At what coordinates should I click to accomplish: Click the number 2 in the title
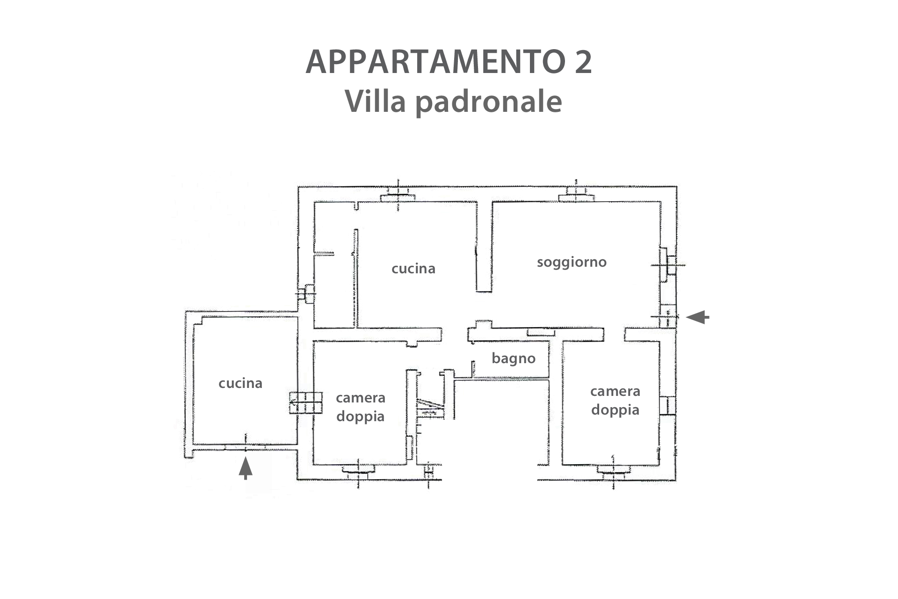click(x=583, y=62)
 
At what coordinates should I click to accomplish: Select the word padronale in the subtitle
click(x=489, y=102)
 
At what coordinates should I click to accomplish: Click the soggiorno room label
click(x=572, y=262)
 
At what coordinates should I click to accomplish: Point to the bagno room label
click(x=514, y=358)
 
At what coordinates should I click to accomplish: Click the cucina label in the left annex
click(x=240, y=383)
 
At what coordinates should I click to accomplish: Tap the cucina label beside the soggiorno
click(x=413, y=269)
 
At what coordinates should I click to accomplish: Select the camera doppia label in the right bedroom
click(x=615, y=400)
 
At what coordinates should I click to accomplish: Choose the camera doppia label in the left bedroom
click(x=360, y=407)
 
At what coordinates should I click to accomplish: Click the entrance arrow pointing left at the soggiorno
click(x=697, y=317)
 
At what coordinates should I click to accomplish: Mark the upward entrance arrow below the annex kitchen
click(x=246, y=468)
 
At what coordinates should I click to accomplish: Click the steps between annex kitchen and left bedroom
click(x=306, y=402)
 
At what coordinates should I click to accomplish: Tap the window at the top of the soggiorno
click(x=577, y=194)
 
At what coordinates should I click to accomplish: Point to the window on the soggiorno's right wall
click(x=668, y=265)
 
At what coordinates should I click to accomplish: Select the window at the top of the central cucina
click(x=398, y=195)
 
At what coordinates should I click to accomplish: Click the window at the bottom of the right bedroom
click(x=613, y=472)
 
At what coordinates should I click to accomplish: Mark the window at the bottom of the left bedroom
click(x=358, y=472)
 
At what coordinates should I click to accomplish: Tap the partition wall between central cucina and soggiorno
click(x=484, y=247)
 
